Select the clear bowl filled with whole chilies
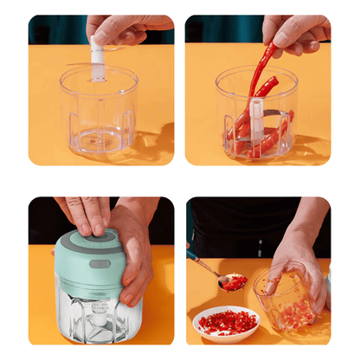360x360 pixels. [x=256, y=121]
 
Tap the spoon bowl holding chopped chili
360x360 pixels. [x=233, y=281]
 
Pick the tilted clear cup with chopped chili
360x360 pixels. [x=290, y=299]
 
